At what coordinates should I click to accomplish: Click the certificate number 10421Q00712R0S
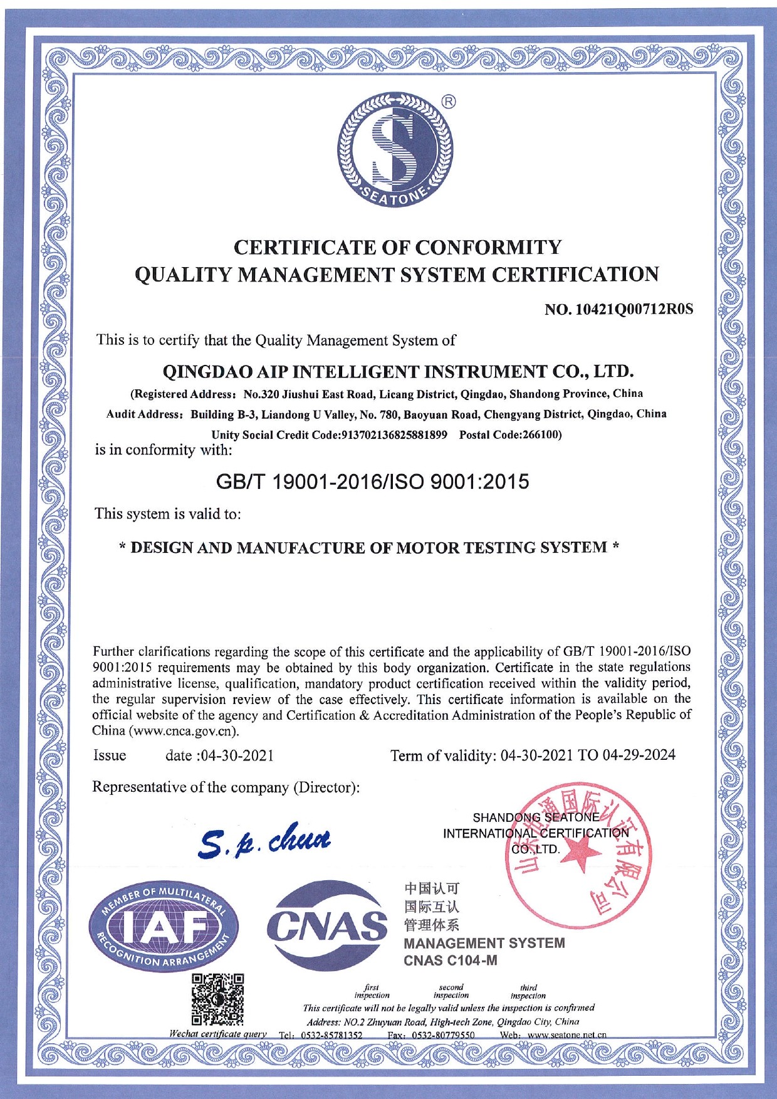[636, 309]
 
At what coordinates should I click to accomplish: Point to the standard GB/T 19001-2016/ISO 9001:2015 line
[372, 481]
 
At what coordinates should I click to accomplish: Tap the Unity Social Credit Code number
[393, 435]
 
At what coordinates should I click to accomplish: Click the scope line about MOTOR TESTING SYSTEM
[370, 547]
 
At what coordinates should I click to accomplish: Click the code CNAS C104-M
[451, 960]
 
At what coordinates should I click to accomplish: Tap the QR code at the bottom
[217, 1001]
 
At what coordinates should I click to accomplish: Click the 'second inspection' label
[451, 991]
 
